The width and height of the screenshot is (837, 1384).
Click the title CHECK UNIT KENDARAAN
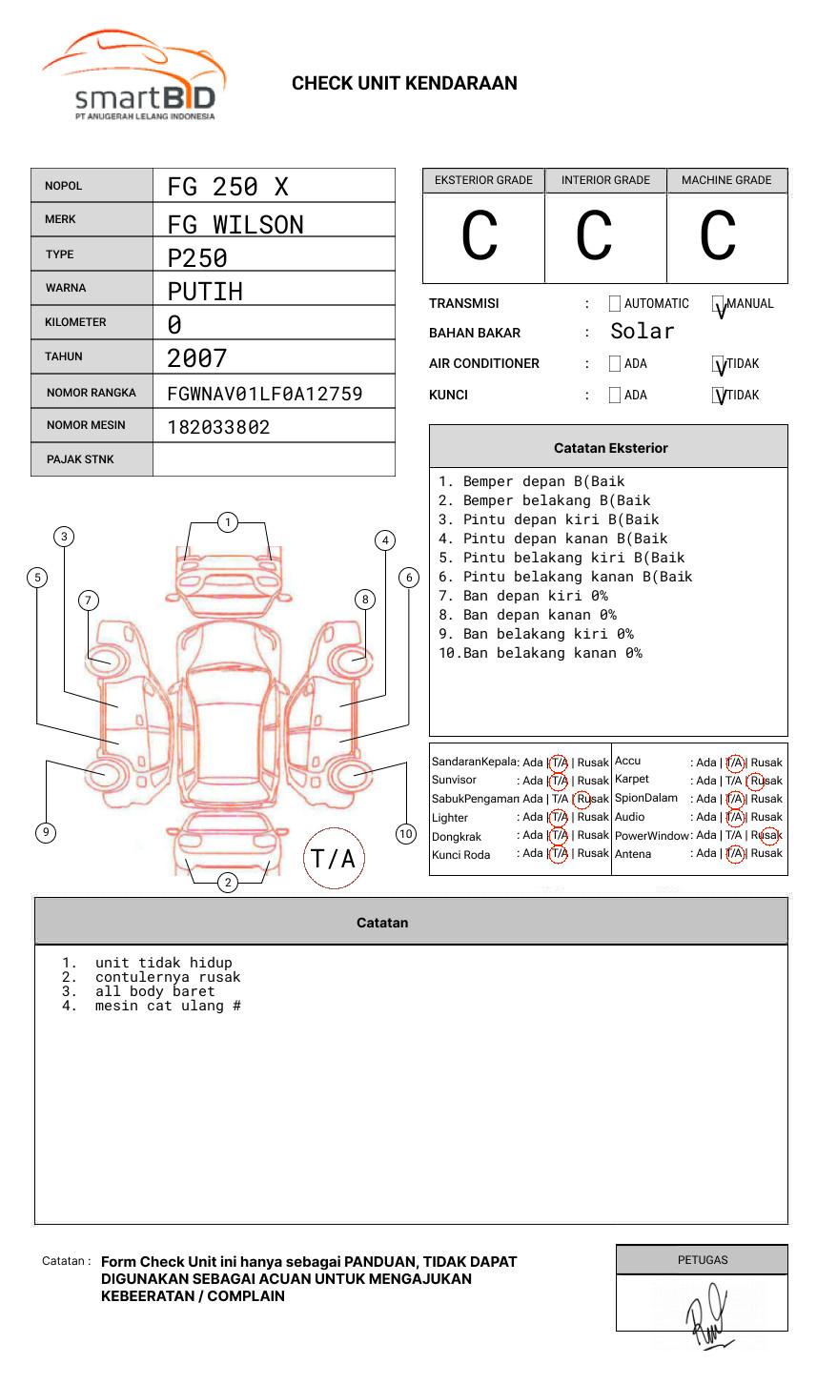(x=404, y=84)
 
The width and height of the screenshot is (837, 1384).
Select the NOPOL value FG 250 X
(x=228, y=187)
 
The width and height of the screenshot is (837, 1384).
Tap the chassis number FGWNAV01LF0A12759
(x=264, y=394)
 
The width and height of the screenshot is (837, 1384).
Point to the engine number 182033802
(x=218, y=428)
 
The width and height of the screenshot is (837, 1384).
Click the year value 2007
(x=196, y=359)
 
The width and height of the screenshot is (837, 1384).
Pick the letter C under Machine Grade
(x=718, y=236)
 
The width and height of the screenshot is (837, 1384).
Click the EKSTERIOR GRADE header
(x=483, y=180)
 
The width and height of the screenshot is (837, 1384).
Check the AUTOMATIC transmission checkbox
(x=615, y=304)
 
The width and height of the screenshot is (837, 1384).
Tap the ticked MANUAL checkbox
(x=719, y=305)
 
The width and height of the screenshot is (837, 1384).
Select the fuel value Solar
(x=642, y=332)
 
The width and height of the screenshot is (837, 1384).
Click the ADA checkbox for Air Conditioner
(x=615, y=364)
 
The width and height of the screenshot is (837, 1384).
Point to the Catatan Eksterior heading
(x=610, y=448)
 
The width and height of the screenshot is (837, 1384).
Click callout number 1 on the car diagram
(x=227, y=521)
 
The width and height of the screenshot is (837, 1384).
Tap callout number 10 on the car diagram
(x=406, y=834)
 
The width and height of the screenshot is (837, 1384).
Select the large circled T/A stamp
(x=334, y=859)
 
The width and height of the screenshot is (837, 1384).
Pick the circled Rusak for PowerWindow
(x=769, y=836)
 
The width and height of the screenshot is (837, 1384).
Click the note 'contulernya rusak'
(x=168, y=977)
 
